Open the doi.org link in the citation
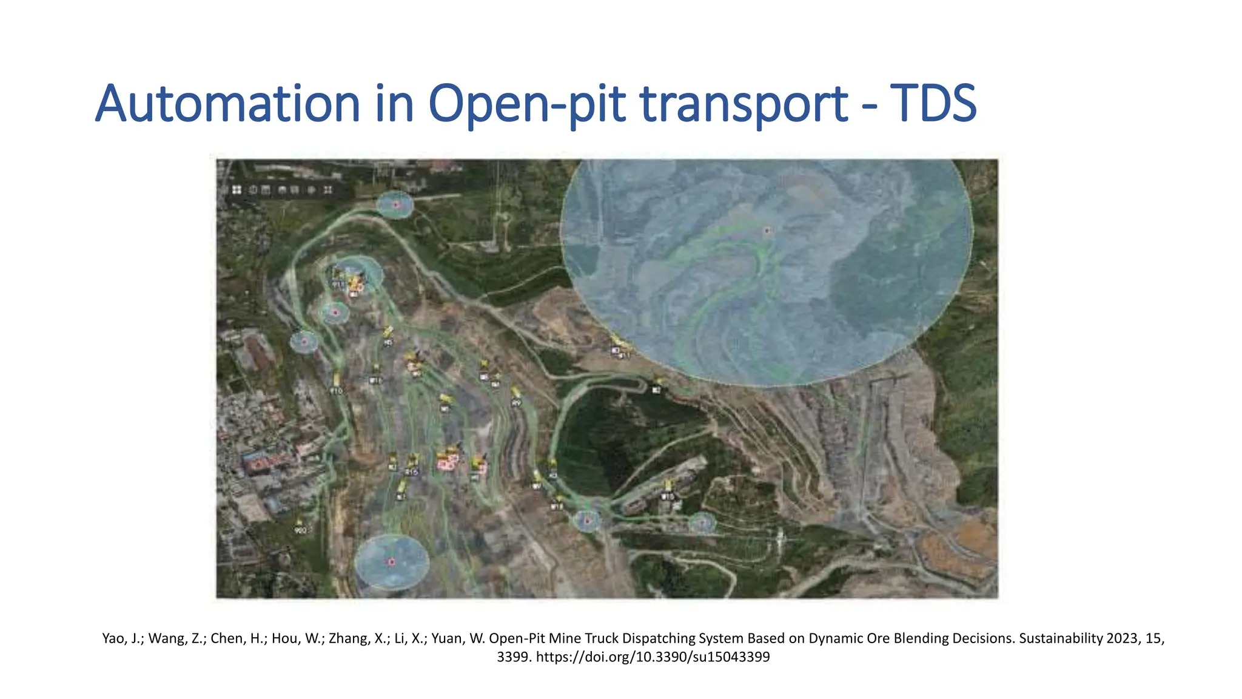coord(653,657)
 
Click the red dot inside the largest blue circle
coord(767,231)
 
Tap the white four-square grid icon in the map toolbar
coord(237,190)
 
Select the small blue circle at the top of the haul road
coord(395,205)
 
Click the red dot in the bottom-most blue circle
coord(392,562)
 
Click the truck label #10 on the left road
coord(337,391)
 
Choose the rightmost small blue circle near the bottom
coord(702,522)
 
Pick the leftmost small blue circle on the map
coord(304,342)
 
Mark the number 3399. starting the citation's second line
coord(515,657)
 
